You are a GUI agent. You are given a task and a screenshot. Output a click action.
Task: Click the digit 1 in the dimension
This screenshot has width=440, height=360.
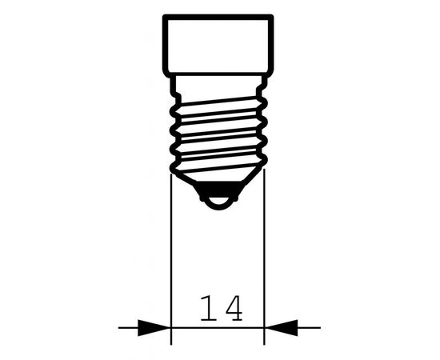pyautogui.click(x=209, y=308)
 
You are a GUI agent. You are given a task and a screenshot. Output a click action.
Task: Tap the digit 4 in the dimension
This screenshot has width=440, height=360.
pyautogui.click(x=234, y=308)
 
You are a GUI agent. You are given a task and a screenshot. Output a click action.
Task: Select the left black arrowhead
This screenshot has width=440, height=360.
pyautogui.click(x=154, y=327)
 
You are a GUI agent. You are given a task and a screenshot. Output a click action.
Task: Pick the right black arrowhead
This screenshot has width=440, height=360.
pyautogui.click(x=281, y=327)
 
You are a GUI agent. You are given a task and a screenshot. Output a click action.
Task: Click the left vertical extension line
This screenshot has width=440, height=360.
pyautogui.click(x=171, y=259)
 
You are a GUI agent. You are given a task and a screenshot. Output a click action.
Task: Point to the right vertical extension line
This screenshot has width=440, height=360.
pyautogui.click(x=264, y=257)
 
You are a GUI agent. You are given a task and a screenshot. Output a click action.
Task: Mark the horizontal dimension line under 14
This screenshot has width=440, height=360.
pyautogui.click(x=218, y=327)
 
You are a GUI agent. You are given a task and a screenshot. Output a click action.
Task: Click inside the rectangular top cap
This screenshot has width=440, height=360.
pyautogui.click(x=218, y=45)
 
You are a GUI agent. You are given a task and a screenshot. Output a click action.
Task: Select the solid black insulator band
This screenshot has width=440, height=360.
pyautogui.click(x=219, y=189)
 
